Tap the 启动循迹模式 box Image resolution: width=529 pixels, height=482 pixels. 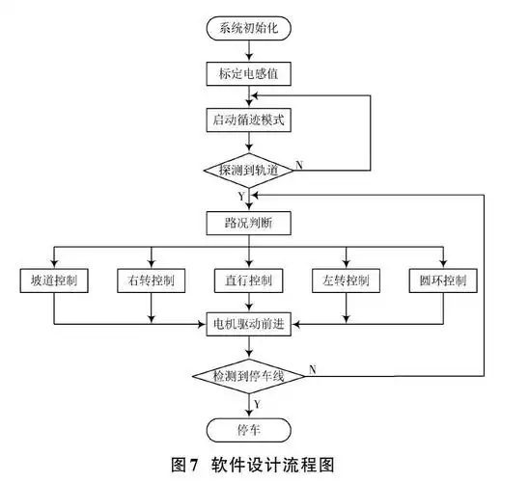point(248,120)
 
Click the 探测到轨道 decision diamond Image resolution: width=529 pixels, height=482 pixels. point(248,170)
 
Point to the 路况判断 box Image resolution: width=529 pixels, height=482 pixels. point(248,223)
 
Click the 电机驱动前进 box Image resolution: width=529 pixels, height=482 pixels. point(248,324)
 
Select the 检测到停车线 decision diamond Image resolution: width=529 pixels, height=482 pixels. point(248,373)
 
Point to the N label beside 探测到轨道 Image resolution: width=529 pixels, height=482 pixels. point(299,165)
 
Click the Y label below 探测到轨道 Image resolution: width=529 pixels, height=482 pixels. point(240,195)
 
